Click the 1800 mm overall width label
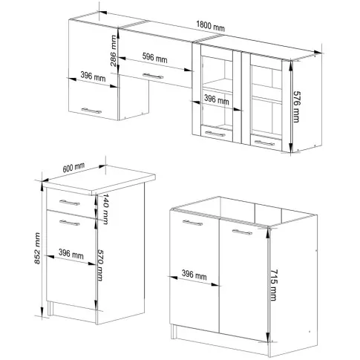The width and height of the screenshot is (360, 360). pyautogui.click(x=210, y=26)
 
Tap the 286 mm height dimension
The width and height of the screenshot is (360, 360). pyautogui.click(x=113, y=50)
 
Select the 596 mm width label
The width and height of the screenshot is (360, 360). pyautogui.click(x=154, y=58)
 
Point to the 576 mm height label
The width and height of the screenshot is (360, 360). pyautogui.click(x=296, y=107)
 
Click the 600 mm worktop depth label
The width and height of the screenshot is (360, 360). pyautogui.click(x=73, y=168)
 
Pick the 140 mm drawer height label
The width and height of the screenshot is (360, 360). pyautogui.click(x=105, y=209)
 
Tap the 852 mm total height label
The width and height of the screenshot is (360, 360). pyautogui.click(x=37, y=248)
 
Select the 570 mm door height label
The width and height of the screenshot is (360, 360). pyautogui.click(x=99, y=265)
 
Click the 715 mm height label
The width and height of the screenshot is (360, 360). pyautogui.click(x=272, y=285)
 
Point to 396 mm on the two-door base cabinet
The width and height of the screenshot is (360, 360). pyautogui.click(x=194, y=275)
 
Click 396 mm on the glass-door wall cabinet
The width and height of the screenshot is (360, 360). pyautogui.click(x=217, y=99)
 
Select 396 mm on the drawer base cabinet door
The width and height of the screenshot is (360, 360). pyautogui.click(x=71, y=254)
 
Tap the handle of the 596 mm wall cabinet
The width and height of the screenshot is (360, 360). pyautogui.click(x=153, y=76)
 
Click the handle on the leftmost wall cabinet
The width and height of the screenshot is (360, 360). pyautogui.click(x=91, y=111)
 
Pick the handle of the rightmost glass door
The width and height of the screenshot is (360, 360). pyautogui.click(x=264, y=143)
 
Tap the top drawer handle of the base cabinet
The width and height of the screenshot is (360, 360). pyautogui.click(x=70, y=203)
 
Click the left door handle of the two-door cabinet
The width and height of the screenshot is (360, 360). pyautogui.click(x=192, y=223)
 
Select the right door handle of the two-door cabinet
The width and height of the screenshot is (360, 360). pyautogui.click(x=242, y=232)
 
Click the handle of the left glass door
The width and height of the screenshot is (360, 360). pyautogui.click(x=215, y=134)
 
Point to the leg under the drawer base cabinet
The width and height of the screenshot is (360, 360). pyautogui.click(x=50, y=308)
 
